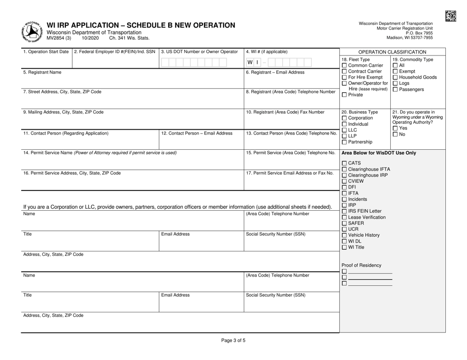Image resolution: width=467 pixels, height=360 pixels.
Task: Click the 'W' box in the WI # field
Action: click(x=250, y=62)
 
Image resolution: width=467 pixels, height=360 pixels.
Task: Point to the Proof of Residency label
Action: click(x=361, y=265)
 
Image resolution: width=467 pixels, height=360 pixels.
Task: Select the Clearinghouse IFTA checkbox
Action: click(x=344, y=170)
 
